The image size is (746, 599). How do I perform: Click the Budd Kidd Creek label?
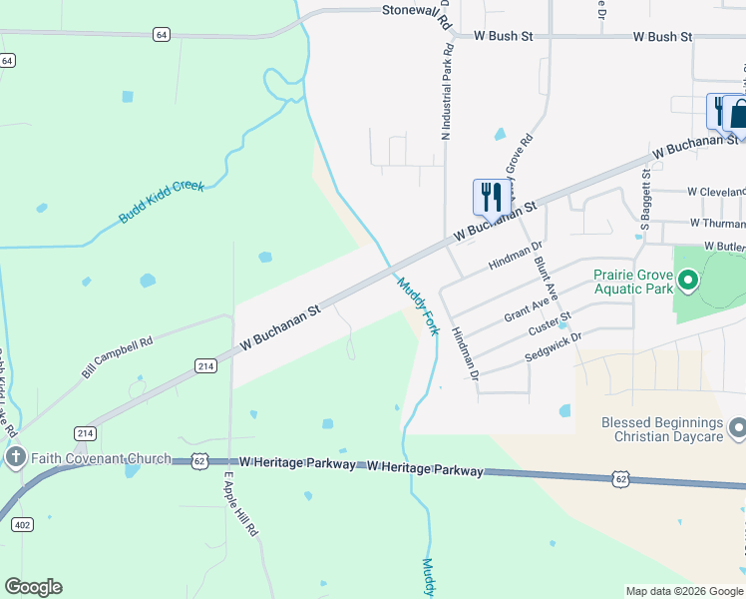point(162,202)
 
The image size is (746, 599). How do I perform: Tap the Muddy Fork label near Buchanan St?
point(418,305)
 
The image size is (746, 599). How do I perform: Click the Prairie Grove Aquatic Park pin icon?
point(687,280)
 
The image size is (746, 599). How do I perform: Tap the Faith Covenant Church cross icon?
point(14,458)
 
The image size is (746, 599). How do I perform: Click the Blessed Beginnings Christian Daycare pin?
point(737,429)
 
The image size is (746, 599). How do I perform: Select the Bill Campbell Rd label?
point(117,356)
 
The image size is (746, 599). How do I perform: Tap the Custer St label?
point(550,324)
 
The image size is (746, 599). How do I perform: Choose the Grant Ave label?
point(529,305)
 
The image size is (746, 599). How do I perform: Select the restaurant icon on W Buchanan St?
point(491,197)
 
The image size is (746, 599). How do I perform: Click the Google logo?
point(33,587)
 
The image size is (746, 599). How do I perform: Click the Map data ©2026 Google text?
point(683,591)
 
